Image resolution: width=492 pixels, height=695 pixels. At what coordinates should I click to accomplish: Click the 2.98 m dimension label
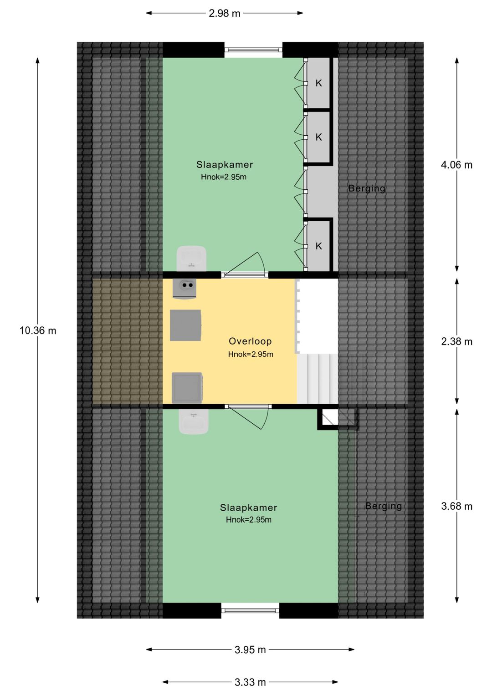click(x=224, y=13)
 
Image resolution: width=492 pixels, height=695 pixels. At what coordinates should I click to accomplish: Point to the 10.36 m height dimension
click(x=38, y=330)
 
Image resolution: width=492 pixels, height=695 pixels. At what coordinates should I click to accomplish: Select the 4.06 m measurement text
click(x=456, y=165)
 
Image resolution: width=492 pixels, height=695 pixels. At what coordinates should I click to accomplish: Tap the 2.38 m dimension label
click(x=456, y=341)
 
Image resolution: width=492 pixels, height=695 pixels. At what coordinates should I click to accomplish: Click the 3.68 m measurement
click(x=456, y=506)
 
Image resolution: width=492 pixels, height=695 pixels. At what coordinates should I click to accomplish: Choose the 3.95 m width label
click(x=250, y=649)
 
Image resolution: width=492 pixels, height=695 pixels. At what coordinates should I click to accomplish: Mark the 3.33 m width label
click(x=250, y=682)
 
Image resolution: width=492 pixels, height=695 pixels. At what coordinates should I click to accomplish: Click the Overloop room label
click(x=250, y=341)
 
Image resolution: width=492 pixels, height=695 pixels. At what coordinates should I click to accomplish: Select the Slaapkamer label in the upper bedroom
click(x=225, y=165)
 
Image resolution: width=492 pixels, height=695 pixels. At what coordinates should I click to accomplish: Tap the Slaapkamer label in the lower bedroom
click(x=248, y=507)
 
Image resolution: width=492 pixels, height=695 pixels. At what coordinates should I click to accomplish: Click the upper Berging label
click(x=367, y=188)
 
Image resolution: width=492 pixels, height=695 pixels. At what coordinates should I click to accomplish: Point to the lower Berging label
click(x=383, y=506)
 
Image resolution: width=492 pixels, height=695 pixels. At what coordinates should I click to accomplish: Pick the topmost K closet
click(x=319, y=83)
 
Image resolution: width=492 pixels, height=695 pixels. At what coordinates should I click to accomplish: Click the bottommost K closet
click(x=319, y=246)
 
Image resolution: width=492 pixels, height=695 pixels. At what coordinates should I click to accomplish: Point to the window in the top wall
click(x=253, y=50)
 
